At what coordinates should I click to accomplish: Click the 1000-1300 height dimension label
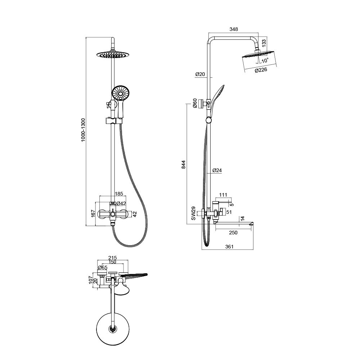pos(83,130)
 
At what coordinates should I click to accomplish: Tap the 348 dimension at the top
pos(234,29)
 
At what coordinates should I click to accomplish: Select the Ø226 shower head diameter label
pos(261,70)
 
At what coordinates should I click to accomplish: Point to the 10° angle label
pos(265,60)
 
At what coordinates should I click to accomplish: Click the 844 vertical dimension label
pos(184,165)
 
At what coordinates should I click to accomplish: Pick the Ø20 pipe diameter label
pos(200,74)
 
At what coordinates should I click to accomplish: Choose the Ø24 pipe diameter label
pos(217,170)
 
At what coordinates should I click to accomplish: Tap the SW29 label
pos(194,213)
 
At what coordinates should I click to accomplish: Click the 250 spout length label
pos(233,233)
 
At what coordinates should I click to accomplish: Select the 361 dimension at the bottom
pos(229,247)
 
